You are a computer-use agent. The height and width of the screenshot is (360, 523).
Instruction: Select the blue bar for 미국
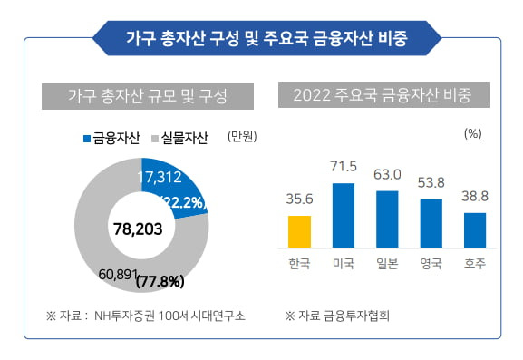(x=343, y=216)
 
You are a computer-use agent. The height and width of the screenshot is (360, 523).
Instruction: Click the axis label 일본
(x=387, y=264)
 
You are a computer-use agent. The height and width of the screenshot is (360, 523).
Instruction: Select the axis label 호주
(x=475, y=264)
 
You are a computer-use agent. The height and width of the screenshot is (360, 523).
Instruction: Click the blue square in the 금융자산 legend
(x=87, y=139)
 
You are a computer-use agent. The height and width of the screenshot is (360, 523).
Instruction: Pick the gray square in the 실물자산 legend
(x=156, y=139)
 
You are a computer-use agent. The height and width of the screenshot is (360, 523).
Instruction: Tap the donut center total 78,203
(x=138, y=229)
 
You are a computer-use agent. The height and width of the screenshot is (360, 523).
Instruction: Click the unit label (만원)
(x=242, y=137)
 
